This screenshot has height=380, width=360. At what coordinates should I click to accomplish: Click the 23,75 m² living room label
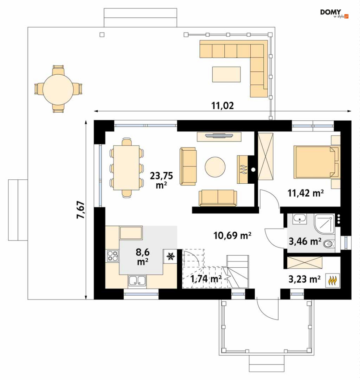161,180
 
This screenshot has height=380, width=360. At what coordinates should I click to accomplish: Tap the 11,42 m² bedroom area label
305,193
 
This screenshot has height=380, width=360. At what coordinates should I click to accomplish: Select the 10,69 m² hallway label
232,235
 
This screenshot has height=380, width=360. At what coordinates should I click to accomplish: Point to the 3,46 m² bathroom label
305,241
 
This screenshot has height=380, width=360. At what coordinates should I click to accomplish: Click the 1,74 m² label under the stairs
206,279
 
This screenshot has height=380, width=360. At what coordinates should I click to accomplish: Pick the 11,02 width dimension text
223,106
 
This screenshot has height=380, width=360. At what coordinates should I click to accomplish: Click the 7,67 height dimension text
81,210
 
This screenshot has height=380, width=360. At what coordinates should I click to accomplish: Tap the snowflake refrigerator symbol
171,256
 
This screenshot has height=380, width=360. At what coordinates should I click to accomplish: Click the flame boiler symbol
333,280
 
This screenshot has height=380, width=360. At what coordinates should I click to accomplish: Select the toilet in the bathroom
329,244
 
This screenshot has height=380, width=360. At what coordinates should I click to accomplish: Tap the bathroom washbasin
300,219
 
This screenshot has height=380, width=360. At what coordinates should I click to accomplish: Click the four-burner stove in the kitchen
113,256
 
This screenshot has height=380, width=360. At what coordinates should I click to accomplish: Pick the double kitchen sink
137,281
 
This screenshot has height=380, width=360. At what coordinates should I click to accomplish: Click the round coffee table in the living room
215,167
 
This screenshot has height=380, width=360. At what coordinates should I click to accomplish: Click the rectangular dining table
126,168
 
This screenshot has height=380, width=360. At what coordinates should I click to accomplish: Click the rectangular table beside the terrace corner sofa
226,74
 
